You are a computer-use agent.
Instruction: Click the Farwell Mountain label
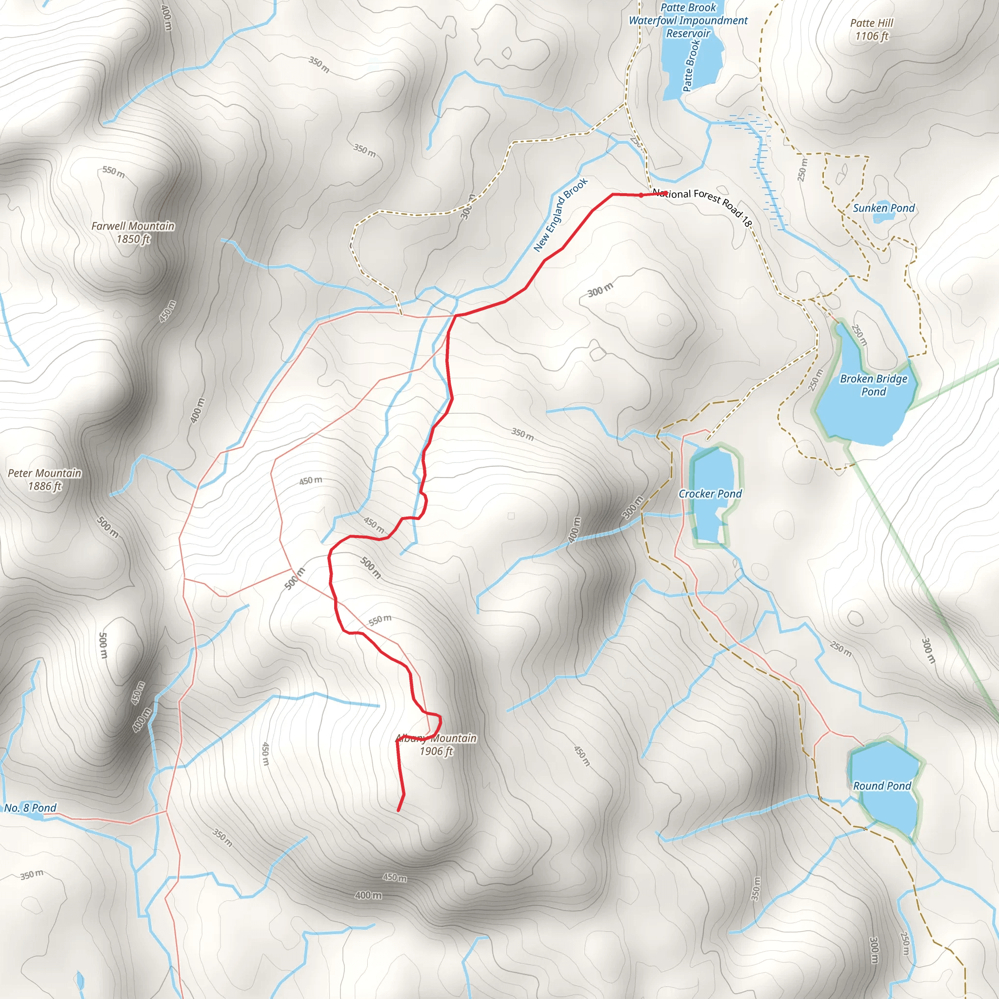tap(133, 232)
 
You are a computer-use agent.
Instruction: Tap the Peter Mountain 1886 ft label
tap(44, 480)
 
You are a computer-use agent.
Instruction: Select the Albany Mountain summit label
tap(436, 744)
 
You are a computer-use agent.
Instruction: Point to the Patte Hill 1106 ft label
tap(871, 29)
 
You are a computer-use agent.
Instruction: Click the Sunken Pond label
tap(883, 208)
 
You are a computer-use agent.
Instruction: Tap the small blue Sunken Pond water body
tap(880, 218)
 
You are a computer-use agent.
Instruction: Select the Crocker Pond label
tap(709, 494)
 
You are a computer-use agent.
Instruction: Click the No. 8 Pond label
tap(30, 808)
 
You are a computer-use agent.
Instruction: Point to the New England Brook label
tap(560, 215)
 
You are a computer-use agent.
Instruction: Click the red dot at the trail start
tap(641, 195)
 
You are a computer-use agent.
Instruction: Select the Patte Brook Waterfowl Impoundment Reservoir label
tap(688, 20)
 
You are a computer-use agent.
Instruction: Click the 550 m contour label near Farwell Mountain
tap(113, 171)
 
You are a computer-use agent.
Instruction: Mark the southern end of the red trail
tap(398, 810)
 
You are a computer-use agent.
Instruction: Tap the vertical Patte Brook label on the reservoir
tap(691, 66)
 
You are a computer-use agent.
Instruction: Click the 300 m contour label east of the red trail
tap(600, 290)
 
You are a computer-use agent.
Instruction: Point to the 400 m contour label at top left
tap(166, 17)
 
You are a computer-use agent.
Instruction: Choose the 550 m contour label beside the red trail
tap(380, 619)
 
